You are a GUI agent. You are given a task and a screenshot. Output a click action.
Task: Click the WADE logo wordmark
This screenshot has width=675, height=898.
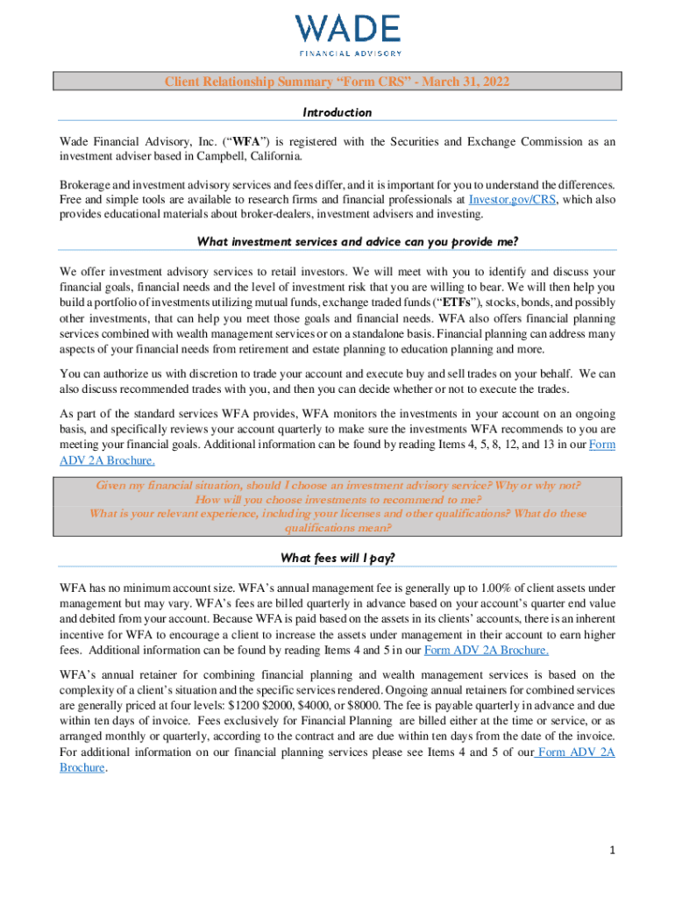[x=348, y=29]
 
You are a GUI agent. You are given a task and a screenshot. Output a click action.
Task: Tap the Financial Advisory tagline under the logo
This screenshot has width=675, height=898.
[x=348, y=53]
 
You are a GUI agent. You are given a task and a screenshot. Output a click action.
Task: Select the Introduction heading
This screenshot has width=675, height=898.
[x=337, y=112]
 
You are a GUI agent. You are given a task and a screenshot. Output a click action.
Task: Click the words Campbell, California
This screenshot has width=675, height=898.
[x=246, y=156]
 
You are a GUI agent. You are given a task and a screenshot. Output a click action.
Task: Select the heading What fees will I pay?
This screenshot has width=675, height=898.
[x=337, y=559]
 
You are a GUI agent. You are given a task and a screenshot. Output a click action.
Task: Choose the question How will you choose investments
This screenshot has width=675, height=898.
[x=337, y=499]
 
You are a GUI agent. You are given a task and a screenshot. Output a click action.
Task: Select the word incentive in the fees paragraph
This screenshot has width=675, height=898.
[x=87, y=633]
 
